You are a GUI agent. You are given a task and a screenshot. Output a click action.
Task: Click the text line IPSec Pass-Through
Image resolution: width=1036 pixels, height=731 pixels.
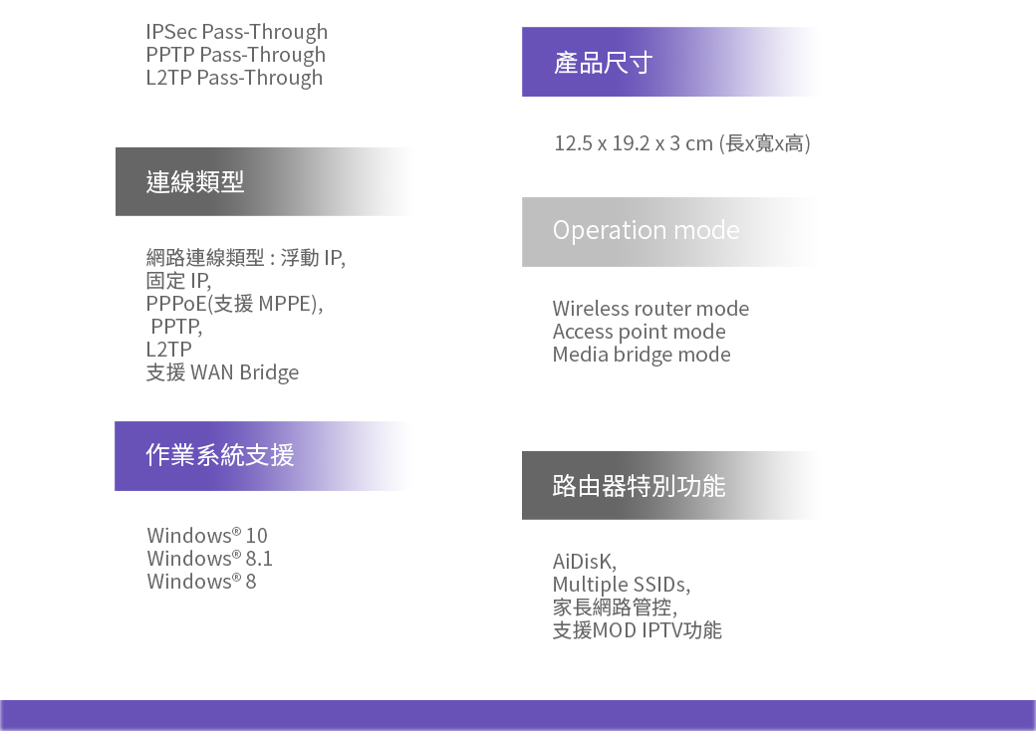click(236, 32)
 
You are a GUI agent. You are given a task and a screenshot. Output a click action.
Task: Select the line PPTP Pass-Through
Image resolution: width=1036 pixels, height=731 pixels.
click(236, 55)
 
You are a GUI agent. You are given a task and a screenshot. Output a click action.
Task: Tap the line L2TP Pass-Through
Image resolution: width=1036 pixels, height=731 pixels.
click(234, 78)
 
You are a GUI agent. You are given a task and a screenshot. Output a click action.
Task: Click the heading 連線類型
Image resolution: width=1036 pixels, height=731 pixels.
click(195, 181)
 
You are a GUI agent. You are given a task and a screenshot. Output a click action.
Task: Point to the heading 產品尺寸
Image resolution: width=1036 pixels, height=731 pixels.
click(604, 63)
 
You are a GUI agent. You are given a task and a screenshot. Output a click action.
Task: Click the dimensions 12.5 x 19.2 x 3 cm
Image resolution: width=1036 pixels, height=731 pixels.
click(634, 143)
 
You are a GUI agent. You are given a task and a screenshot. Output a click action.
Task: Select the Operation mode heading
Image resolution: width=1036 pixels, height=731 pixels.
click(647, 230)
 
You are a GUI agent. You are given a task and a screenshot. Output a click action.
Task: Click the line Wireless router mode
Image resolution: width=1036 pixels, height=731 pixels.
click(650, 309)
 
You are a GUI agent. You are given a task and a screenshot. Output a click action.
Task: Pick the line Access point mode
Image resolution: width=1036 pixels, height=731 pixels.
click(639, 332)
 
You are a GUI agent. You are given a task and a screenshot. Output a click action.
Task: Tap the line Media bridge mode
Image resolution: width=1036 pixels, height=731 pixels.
click(642, 355)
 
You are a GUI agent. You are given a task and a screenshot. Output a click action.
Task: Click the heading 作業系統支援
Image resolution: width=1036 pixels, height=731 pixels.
click(220, 455)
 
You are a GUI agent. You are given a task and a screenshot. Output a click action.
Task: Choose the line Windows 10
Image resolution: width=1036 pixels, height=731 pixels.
click(207, 536)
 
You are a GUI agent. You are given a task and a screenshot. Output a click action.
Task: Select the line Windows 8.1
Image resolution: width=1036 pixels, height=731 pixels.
click(209, 559)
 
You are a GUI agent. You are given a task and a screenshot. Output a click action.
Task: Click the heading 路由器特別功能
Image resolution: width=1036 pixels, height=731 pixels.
click(639, 485)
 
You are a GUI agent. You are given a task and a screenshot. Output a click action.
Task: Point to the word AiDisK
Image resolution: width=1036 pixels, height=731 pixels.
click(585, 562)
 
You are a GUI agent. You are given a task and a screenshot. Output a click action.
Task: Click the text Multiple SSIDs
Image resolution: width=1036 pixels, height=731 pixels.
click(622, 585)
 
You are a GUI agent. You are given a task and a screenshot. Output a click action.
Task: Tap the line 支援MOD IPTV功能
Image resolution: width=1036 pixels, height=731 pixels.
click(638, 630)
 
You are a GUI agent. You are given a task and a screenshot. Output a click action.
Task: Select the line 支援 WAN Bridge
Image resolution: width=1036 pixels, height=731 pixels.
click(223, 372)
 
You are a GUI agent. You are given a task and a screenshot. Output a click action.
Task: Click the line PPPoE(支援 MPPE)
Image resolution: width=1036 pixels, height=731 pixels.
click(234, 304)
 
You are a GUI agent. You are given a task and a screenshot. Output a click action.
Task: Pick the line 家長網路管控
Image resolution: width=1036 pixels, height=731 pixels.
click(616, 607)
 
